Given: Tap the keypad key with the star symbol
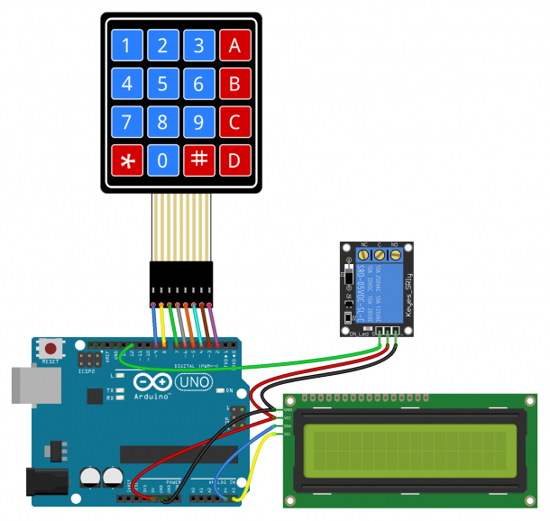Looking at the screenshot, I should pos(126,160).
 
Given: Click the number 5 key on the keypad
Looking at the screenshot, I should pos(162,86).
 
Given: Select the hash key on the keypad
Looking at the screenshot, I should pos(198,160).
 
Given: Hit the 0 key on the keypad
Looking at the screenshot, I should pos(162,160).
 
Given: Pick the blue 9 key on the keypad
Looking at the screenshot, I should pos(198,123).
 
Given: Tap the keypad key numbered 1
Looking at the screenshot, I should pos(126,47).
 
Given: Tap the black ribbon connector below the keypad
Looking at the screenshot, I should pos(183,280).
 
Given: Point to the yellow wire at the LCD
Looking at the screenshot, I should pos(267,460).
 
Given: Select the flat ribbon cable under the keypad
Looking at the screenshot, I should pos(183,225).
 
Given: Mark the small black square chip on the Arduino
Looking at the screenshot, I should pos(94,396).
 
